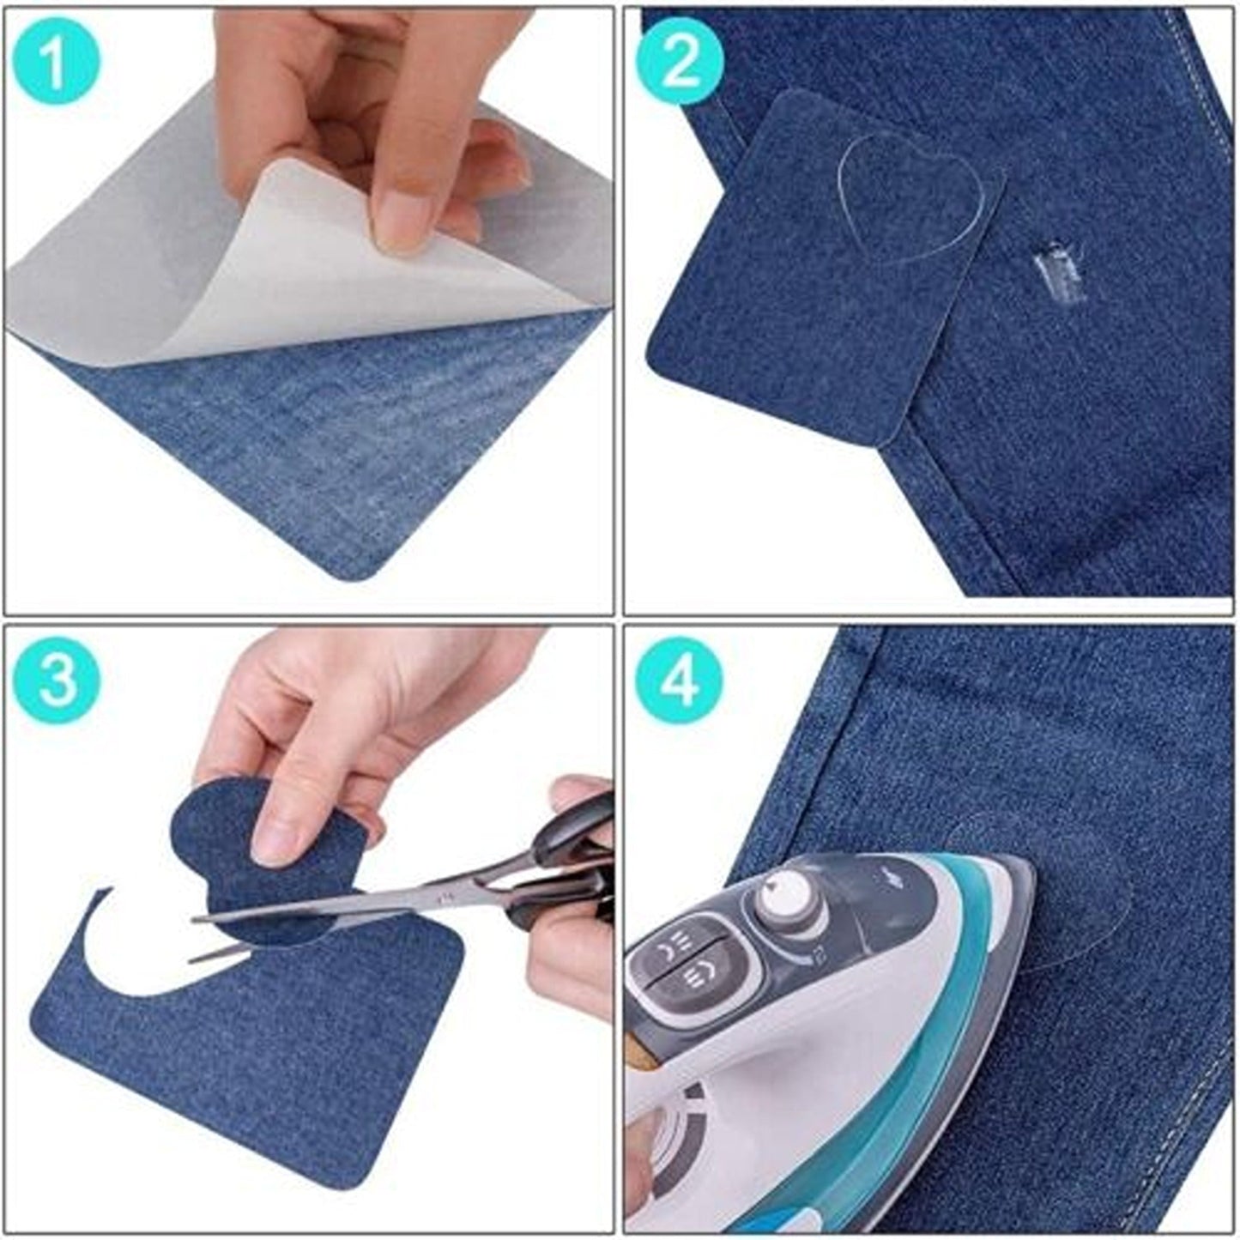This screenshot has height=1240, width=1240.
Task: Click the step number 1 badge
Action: coord(57,61)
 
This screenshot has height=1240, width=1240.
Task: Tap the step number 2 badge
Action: coord(680,61)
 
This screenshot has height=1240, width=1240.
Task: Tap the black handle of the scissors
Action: coord(566,850)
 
